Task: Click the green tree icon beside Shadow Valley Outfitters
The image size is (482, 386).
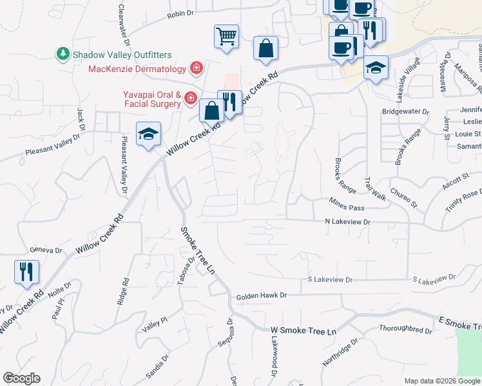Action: (x=63, y=54)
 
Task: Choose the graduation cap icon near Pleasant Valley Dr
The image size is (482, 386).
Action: (x=148, y=134)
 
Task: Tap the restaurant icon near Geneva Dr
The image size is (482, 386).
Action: (x=26, y=271)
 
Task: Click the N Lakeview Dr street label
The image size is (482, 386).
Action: (x=349, y=221)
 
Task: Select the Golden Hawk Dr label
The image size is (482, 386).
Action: (x=260, y=296)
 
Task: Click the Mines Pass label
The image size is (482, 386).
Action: (x=347, y=208)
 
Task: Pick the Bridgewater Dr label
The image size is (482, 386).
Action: (x=405, y=111)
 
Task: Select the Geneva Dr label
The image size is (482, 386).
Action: (x=46, y=250)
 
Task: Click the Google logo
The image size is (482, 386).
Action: (x=21, y=378)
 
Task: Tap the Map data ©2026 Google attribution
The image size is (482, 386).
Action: (x=441, y=381)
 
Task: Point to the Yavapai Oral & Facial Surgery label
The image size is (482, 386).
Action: (x=152, y=98)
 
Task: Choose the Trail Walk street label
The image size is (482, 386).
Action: (x=374, y=188)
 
